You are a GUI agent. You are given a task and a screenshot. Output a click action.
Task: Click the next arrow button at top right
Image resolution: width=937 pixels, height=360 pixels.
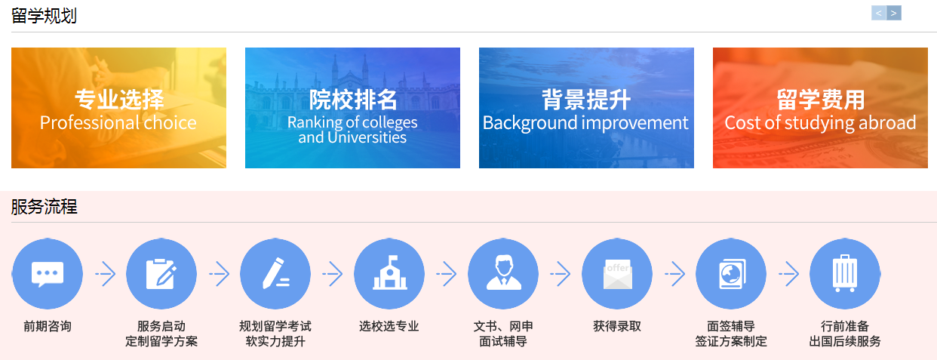pyautogui.click(x=894, y=13)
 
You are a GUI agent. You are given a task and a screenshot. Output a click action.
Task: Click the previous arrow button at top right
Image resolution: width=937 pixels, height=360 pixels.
pyautogui.click(x=879, y=13)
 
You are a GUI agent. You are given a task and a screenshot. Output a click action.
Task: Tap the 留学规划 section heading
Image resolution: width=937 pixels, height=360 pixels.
pyautogui.click(x=44, y=16)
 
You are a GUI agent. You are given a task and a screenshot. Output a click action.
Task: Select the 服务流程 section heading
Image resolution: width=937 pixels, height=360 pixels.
pyautogui.click(x=44, y=207)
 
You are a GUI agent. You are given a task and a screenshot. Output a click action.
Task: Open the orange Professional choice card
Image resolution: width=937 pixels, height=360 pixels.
pyautogui.click(x=118, y=108)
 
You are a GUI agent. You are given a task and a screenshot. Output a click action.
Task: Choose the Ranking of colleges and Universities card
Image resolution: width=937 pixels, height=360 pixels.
pyautogui.click(x=352, y=108)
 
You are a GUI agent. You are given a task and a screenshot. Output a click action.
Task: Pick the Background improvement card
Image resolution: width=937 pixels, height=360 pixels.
pyautogui.click(x=586, y=108)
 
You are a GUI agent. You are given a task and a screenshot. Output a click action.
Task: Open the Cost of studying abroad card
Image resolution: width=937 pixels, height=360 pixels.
pyautogui.click(x=820, y=108)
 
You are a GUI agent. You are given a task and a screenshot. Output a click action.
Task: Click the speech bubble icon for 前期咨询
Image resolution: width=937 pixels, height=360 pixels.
pyautogui.click(x=48, y=274)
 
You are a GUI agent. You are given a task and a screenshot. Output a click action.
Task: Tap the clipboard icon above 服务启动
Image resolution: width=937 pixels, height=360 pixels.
pyautogui.click(x=161, y=274)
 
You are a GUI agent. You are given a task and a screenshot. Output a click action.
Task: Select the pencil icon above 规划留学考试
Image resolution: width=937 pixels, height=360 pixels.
pyautogui.click(x=275, y=274)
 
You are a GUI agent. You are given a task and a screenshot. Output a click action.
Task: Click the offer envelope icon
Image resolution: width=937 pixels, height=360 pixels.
pyautogui.click(x=617, y=274)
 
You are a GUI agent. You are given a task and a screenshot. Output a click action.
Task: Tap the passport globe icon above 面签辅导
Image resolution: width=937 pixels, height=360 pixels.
pyautogui.click(x=731, y=274)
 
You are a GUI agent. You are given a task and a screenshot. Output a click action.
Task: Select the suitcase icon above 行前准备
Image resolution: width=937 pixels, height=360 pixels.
pyautogui.click(x=845, y=274)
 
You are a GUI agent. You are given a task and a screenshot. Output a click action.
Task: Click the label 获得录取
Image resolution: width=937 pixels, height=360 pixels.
pyautogui.click(x=617, y=326)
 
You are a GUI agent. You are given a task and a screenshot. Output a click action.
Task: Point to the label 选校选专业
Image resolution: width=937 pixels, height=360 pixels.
pyautogui.click(x=389, y=326)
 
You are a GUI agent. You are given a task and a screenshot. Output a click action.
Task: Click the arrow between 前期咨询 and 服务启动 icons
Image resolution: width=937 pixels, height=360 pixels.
pyautogui.click(x=105, y=274)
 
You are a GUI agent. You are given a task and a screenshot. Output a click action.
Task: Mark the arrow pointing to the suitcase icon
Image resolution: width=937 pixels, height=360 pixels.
pyautogui.click(x=788, y=274)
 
